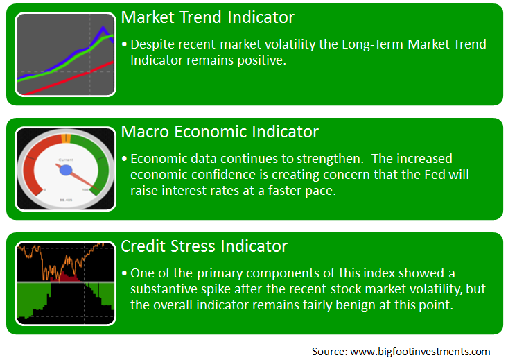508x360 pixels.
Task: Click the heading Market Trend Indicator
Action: pos(208,17)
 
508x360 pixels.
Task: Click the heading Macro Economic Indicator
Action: pos(220,132)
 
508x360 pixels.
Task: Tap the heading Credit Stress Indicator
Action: pos(204,246)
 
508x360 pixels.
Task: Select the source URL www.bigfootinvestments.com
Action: pos(420,352)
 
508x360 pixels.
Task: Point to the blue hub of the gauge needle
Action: pos(66,170)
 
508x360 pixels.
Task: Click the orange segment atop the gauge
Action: pos(66,138)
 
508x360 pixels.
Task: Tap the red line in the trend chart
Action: pos(69,78)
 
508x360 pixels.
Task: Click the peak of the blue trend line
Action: pos(103,27)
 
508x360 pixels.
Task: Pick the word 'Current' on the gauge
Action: pos(66,160)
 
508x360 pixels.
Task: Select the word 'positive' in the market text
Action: pos(261,60)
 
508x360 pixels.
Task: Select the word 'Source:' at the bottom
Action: pos(330,352)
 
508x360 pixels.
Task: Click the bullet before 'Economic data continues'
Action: pos(124,159)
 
